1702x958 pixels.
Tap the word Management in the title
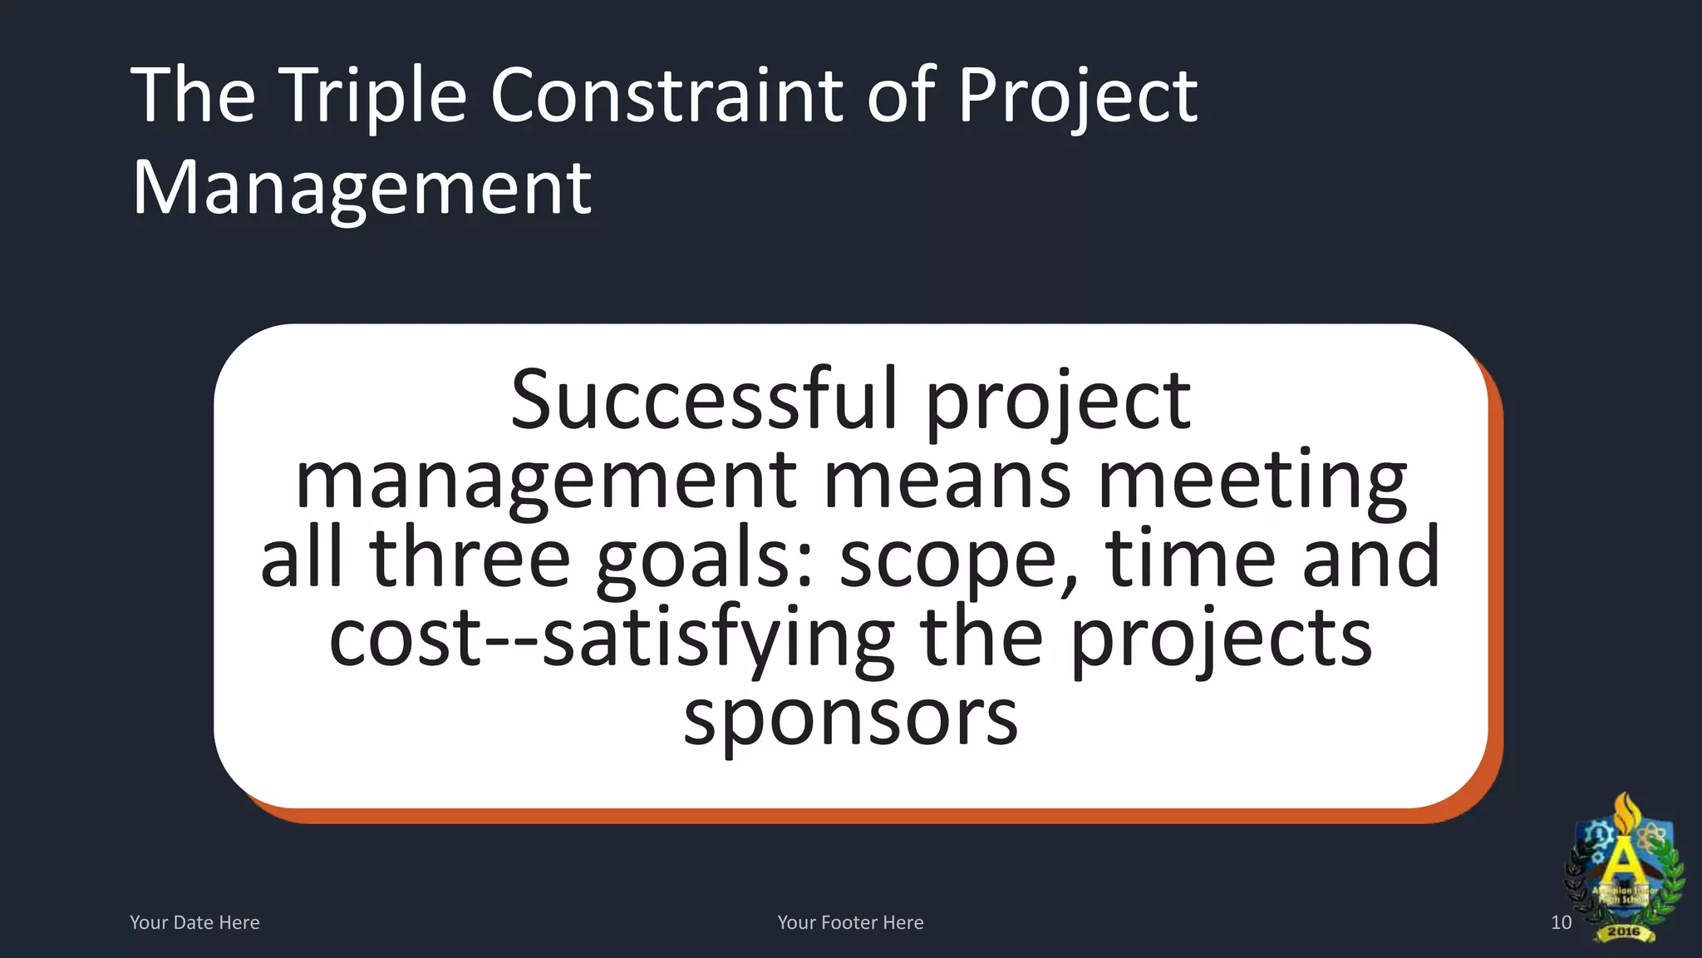point(362,188)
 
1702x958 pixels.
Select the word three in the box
point(470,558)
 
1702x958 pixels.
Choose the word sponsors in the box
point(850,717)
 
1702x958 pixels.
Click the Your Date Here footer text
point(194,922)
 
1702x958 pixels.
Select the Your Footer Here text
point(850,922)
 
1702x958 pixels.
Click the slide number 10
point(1561,922)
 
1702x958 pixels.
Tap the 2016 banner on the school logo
point(1623,931)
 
